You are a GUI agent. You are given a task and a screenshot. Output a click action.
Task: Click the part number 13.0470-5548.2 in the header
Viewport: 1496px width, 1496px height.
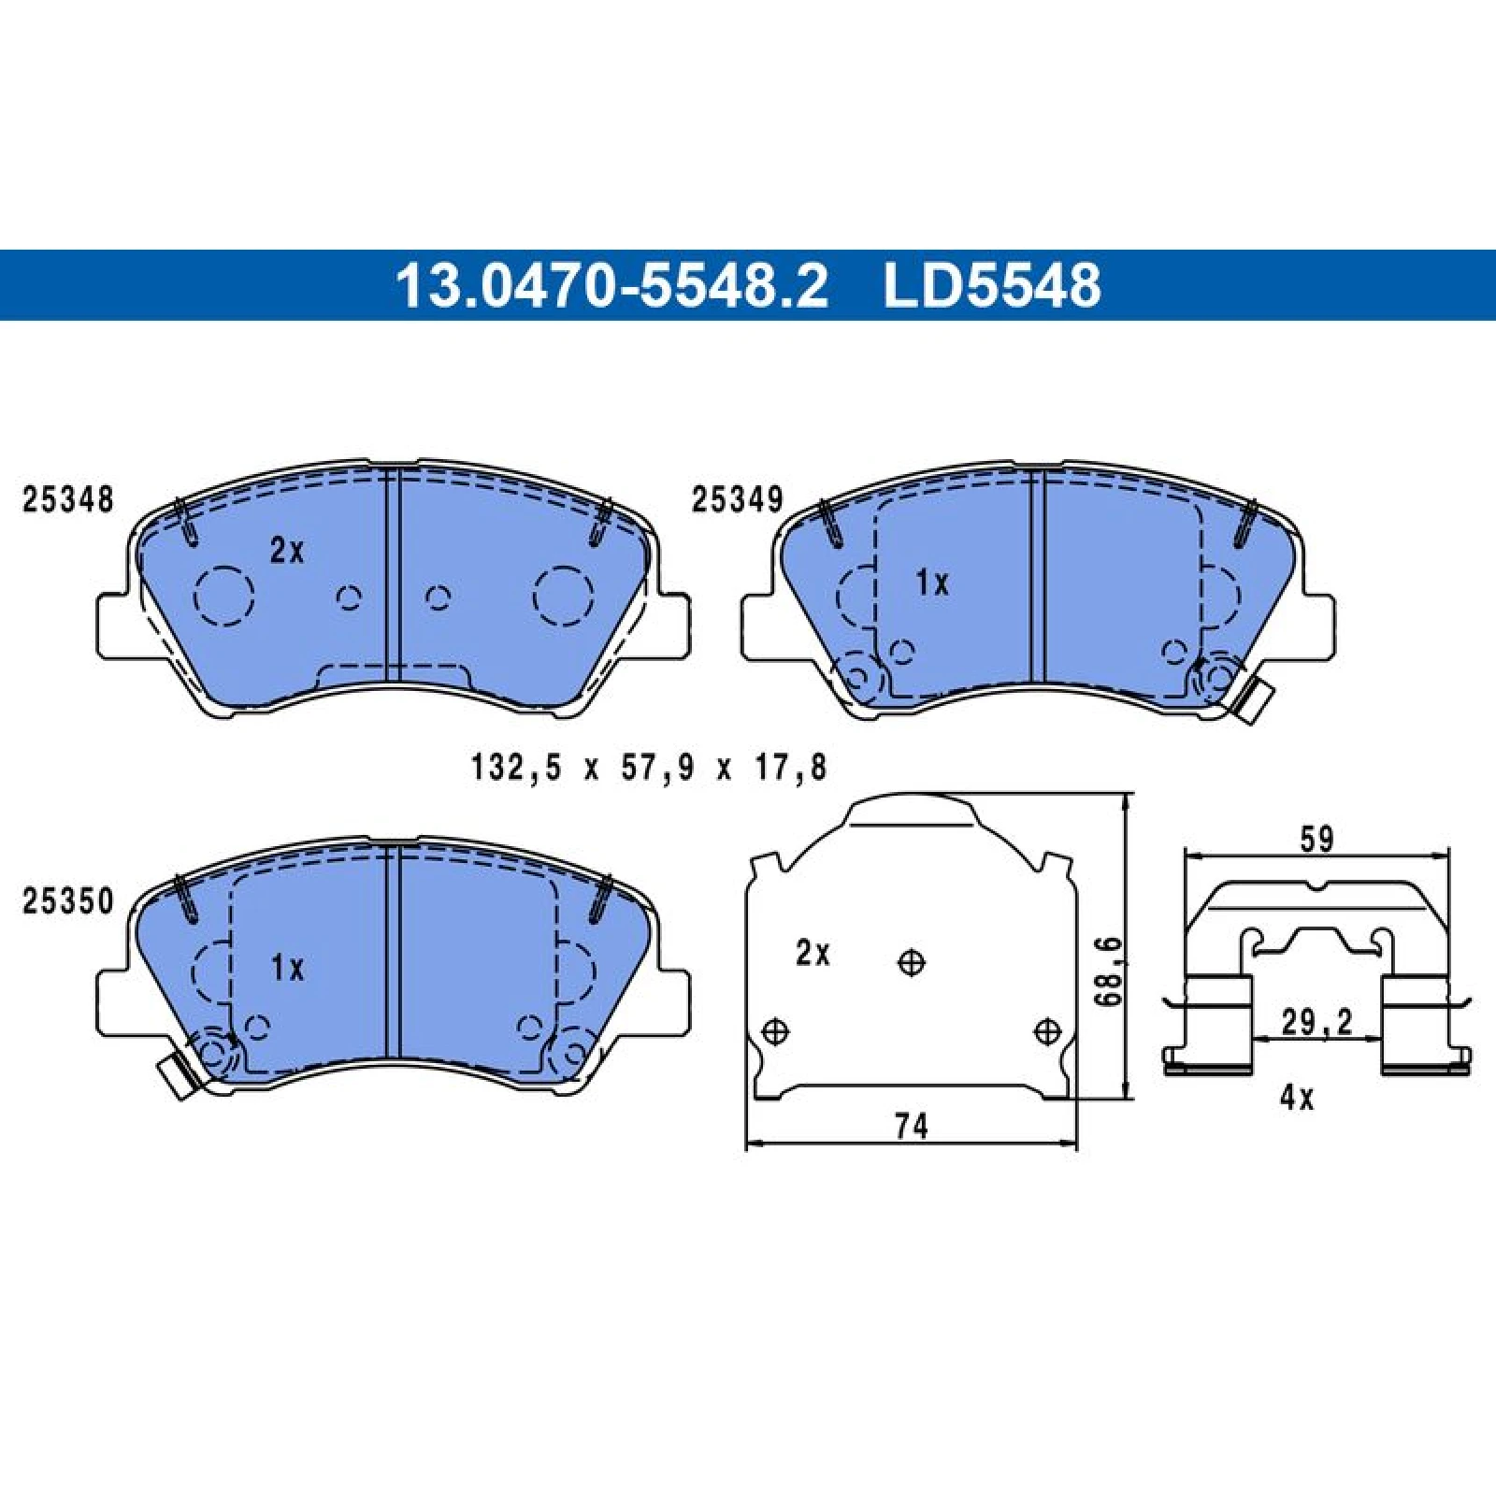tap(612, 285)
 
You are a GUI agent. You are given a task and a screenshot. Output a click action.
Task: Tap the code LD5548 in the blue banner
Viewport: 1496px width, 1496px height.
tap(992, 285)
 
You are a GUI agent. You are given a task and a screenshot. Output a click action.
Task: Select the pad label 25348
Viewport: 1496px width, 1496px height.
tap(67, 500)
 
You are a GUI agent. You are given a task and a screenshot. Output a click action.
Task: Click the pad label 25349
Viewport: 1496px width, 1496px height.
tap(737, 500)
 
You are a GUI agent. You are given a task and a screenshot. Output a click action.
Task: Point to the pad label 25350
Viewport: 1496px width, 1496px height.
tap(67, 902)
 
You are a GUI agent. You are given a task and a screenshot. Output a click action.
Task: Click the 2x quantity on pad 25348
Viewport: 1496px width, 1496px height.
tap(287, 552)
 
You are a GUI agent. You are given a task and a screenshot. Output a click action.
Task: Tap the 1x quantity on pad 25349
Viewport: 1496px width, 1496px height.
tap(932, 584)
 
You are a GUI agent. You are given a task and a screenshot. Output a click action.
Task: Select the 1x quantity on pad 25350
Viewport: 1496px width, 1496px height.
tap(287, 968)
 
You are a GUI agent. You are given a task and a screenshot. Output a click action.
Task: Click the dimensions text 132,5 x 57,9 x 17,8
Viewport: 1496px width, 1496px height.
tap(650, 769)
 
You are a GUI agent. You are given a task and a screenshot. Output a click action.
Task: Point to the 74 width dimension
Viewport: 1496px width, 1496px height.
tap(911, 1127)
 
